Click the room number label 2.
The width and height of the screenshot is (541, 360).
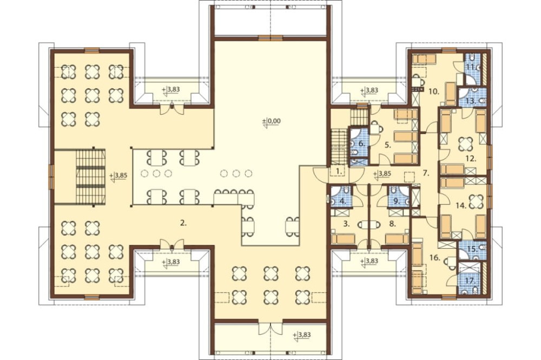click(x=183, y=223)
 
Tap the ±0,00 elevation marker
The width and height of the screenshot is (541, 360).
click(x=272, y=122)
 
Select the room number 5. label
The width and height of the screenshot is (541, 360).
click(x=388, y=145)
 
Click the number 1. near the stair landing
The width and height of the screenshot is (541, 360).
click(x=339, y=170)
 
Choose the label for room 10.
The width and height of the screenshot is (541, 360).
click(x=434, y=92)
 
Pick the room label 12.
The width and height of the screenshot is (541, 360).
click(x=471, y=159)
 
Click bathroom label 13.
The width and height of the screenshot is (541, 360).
click(x=472, y=102)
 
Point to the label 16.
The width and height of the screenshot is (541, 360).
click(x=435, y=257)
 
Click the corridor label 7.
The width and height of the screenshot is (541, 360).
click(x=426, y=174)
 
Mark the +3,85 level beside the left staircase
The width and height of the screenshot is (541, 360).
click(x=118, y=175)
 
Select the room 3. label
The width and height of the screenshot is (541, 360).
click(x=347, y=224)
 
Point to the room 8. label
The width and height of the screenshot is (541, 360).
click(x=392, y=224)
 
